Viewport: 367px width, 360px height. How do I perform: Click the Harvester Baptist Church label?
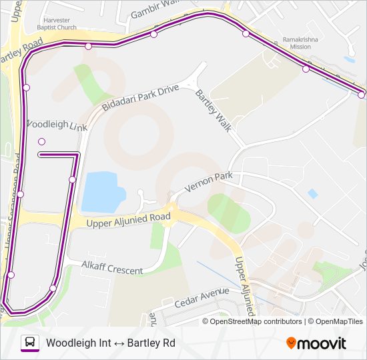(x=61, y=24)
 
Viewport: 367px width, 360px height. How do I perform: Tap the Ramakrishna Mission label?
(x=296, y=43)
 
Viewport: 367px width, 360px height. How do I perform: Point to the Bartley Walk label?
(x=213, y=110)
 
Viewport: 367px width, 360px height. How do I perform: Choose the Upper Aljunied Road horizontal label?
(x=129, y=219)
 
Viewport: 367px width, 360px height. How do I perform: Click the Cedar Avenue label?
(x=202, y=297)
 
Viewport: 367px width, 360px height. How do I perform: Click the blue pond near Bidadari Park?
(x=103, y=191)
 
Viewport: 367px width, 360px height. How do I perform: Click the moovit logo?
(x=316, y=343)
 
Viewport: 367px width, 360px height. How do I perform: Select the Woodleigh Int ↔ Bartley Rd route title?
(x=110, y=343)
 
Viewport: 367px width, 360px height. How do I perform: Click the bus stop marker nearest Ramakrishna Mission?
(x=306, y=68)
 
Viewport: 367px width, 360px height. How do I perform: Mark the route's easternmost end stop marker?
(x=361, y=95)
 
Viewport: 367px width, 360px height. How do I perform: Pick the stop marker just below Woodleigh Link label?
(x=42, y=141)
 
